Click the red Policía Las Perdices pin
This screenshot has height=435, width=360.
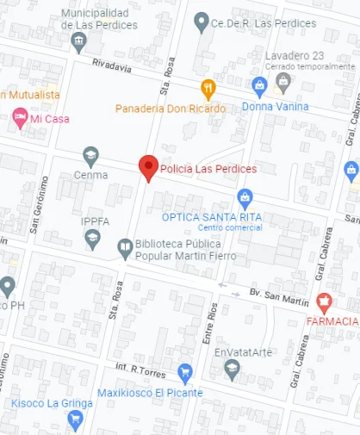pyautogui.click(x=148, y=168)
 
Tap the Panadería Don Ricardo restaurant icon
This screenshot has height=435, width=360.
pyautogui.click(x=208, y=88)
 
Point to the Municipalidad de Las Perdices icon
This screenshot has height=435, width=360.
pyautogui.click(x=79, y=42)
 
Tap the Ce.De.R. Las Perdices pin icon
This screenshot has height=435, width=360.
pyautogui.click(x=202, y=21)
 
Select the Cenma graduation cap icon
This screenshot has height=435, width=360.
pyautogui.click(x=90, y=156)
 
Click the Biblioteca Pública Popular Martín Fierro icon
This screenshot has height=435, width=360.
pyautogui.click(x=125, y=248)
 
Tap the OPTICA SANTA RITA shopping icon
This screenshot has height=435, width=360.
pyautogui.click(x=245, y=198)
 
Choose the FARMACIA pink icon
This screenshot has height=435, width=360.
pyautogui.click(x=325, y=302)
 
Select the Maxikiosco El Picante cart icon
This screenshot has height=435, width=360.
pyautogui.click(x=184, y=373)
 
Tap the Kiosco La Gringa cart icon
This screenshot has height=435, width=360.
pyautogui.click(x=75, y=419)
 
